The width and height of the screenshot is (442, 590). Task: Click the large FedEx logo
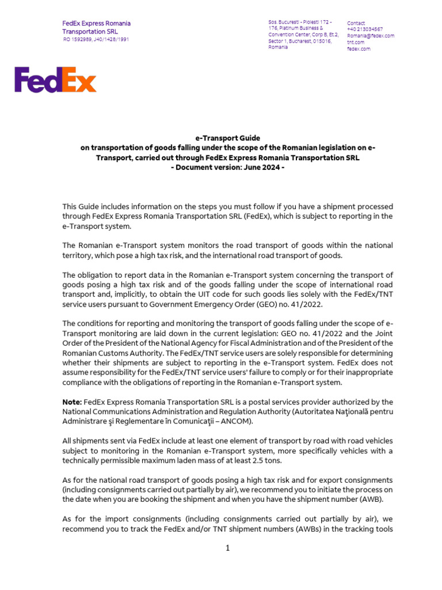click(x=55, y=80)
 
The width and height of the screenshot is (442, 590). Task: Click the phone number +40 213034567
click(x=365, y=29)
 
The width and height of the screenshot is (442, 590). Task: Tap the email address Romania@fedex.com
click(x=370, y=36)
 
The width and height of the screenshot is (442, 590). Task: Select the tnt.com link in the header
click(x=355, y=43)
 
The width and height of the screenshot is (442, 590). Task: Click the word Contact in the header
click(x=356, y=23)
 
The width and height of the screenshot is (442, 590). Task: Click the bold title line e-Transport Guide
click(x=228, y=138)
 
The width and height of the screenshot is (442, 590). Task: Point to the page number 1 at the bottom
click(x=228, y=548)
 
